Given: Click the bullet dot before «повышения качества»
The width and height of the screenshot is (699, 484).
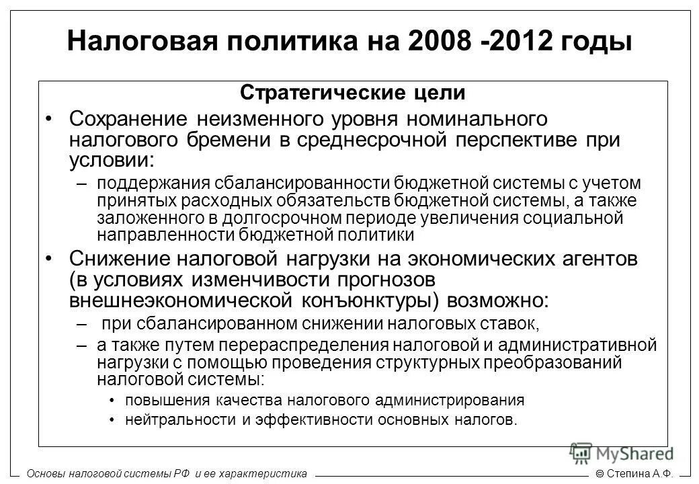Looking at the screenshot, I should [x=112, y=401].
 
